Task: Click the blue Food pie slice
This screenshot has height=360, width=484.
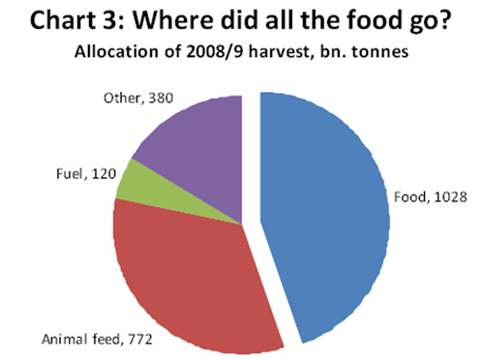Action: point(324,213)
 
